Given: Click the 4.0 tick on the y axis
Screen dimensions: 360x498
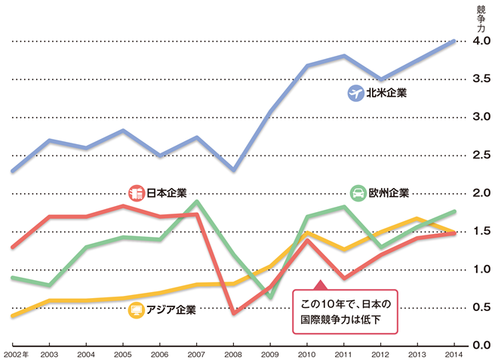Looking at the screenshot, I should (481, 41).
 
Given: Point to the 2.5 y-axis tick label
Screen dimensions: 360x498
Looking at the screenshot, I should (481, 155).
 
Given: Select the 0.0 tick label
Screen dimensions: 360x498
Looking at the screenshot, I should (481, 345).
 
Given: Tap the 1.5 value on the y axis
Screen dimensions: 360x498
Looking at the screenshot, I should (481, 231).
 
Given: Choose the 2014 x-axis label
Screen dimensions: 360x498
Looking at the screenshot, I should (455, 353).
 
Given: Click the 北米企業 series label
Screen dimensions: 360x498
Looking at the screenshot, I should (386, 94).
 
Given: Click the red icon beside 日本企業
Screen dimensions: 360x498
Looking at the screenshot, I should (137, 194).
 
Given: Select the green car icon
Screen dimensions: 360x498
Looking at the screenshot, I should (358, 193).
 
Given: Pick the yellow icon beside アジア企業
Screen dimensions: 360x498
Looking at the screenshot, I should (137, 309).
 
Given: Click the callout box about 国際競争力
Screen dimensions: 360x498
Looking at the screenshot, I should (345, 311).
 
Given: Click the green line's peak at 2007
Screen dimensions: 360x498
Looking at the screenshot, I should (197, 202).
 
